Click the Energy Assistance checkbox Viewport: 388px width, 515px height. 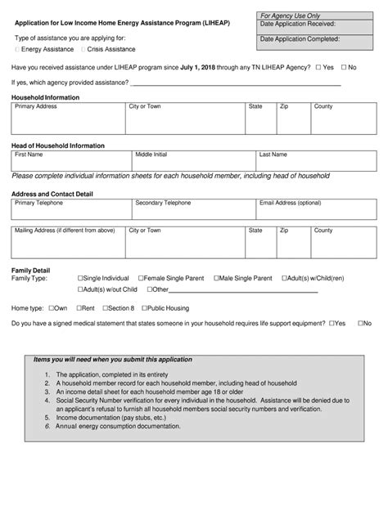click(18, 50)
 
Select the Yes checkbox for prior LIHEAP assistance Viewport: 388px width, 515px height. click(318, 67)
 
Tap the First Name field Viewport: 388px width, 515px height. click(71, 163)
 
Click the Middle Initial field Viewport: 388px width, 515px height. click(193, 163)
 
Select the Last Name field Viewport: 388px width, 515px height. click(315, 163)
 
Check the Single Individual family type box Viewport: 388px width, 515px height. click(80, 279)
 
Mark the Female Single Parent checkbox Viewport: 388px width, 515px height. click(141, 279)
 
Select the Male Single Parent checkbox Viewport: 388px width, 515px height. click(214, 279)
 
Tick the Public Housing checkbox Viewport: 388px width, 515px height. click(145, 308)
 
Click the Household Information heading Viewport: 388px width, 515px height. click(45, 97)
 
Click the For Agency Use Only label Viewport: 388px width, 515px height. click(290, 16)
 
